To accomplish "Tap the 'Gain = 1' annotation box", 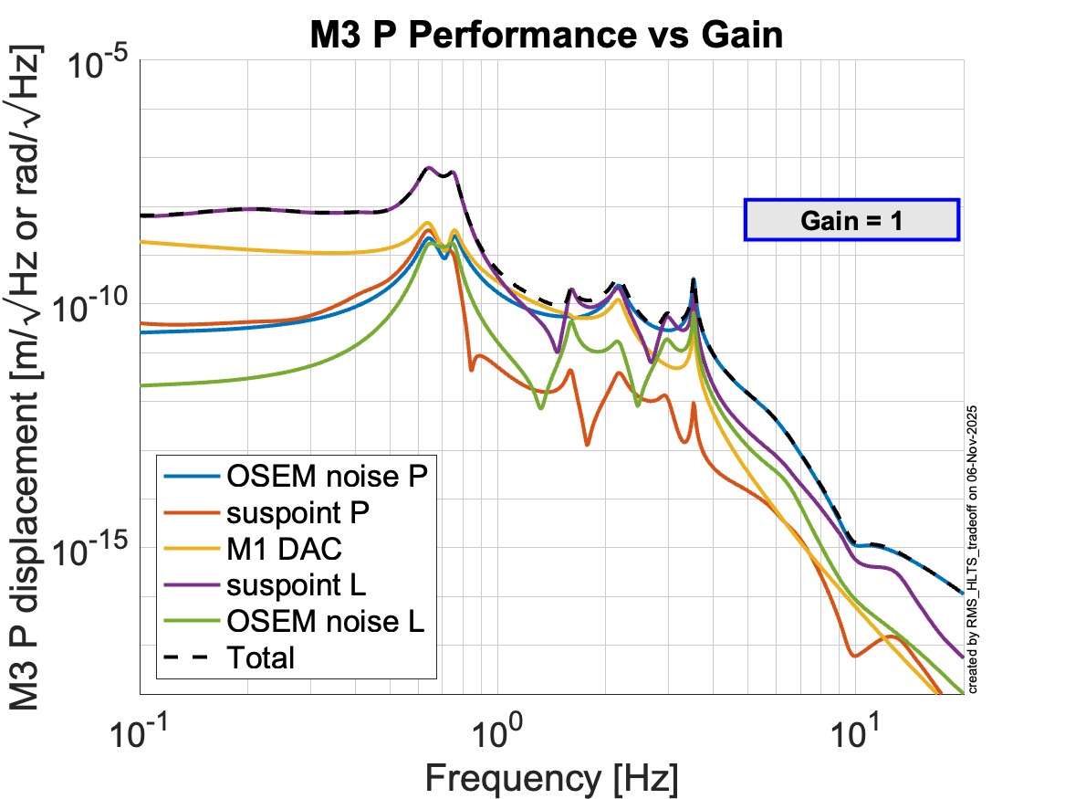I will click(851, 219).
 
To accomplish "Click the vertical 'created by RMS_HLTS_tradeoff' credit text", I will click(973, 548).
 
